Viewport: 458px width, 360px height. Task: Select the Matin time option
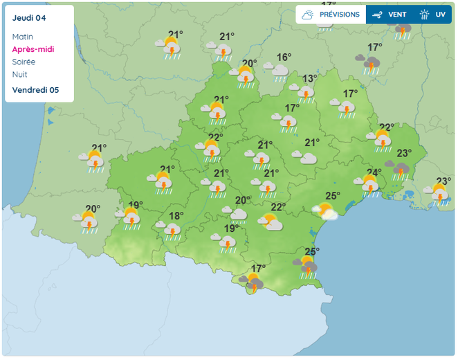pyautogui.click(x=23, y=37)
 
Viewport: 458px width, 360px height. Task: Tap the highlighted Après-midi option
pyautogui.click(x=33, y=49)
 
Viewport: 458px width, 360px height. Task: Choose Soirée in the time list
pyautogui.click(x=24, y=62)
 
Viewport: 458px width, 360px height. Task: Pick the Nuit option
pyautogui.click(x=20, y=74)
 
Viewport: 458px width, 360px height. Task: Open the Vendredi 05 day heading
pyautogui.click(x=35, y=90)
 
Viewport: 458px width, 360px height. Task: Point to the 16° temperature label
pyautogui.click(x=284, y=57)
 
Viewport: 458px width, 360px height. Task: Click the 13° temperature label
pyautogui.click(x=309, y=78)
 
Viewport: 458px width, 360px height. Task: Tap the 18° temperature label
pyautogui.click(x=176, y=215)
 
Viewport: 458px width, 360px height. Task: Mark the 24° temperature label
pyautogui.click(x=374, y=172)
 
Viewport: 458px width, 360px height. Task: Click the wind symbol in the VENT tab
pyautogui.click(x=377, y=15)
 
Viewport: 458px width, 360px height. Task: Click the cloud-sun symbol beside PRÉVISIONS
pyautogui.click(x=307, y=15)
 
